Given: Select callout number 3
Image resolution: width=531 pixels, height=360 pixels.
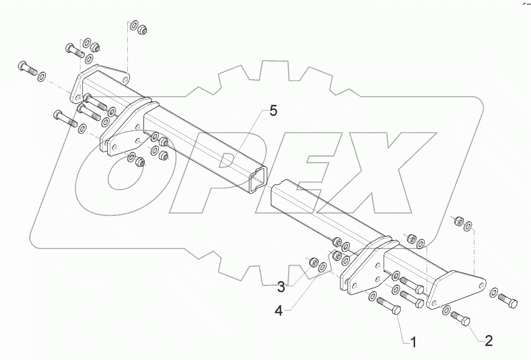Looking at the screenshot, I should coord(281,287).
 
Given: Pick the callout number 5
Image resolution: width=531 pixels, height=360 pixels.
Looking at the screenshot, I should coord(273,111).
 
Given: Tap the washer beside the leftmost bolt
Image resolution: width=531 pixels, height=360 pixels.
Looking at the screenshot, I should coord(43,75).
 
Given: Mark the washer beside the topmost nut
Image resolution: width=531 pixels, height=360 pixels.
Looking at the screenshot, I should coord(133,25).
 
